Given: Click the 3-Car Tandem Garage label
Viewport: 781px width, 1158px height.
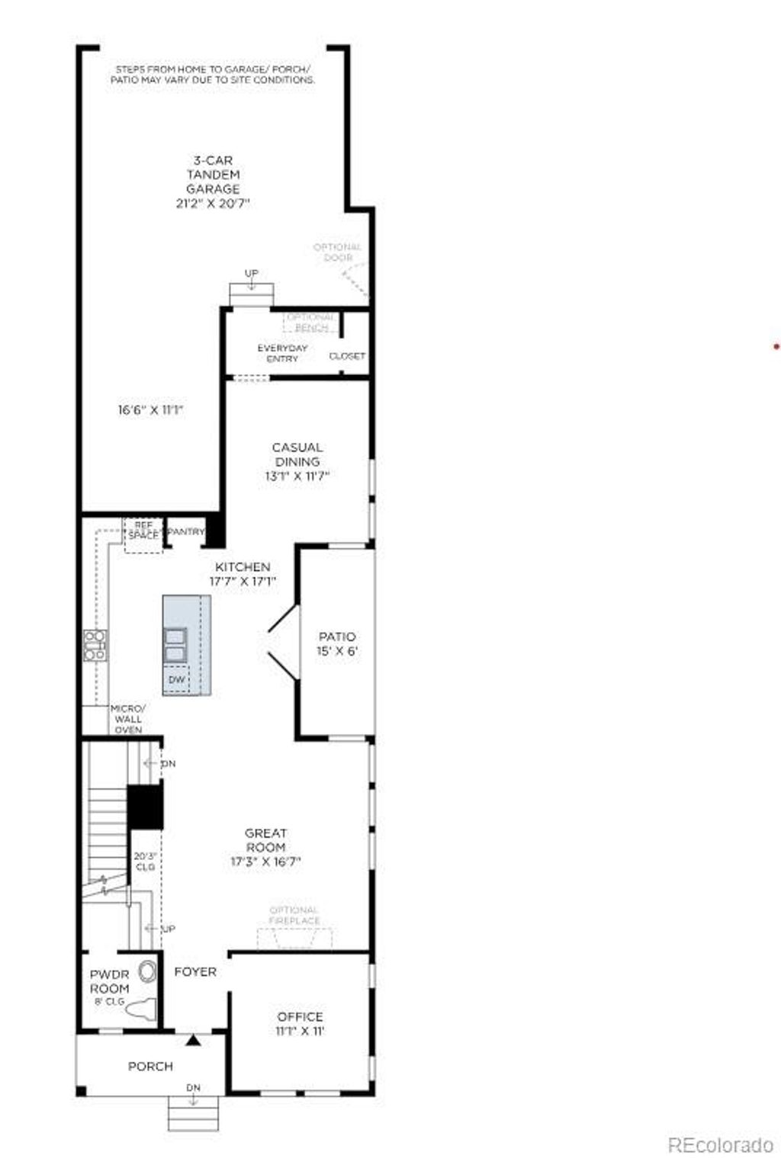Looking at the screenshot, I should point(213,175).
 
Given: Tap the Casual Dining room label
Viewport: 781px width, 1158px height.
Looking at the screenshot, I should point(297,454).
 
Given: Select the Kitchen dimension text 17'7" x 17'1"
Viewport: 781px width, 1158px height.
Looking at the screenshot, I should point(243,581).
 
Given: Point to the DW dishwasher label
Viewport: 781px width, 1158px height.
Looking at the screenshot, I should point(176,679).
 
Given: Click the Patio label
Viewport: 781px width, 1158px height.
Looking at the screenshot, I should point(337,637).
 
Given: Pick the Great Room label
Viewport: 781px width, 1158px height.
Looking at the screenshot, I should point(265,840).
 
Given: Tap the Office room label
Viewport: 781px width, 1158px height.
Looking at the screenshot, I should point(300,1017).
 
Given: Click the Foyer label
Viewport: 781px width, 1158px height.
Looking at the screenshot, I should point(195,972).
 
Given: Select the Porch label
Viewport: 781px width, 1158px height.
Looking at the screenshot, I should point(150,1067).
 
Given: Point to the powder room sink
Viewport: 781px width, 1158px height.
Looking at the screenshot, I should point(146,973).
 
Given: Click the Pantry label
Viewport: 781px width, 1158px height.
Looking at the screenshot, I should point(185,531).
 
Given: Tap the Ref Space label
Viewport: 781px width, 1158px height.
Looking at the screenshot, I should point(143,531).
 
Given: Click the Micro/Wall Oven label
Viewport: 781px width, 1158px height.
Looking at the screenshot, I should point(128,719).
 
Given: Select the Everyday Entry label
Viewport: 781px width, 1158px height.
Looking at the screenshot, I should point(282,353).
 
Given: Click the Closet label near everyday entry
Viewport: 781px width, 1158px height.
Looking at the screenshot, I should point(347,356).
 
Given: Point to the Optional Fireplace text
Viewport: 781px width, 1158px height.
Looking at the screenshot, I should point(294,916).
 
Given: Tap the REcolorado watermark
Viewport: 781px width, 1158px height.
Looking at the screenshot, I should point(720,1144).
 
